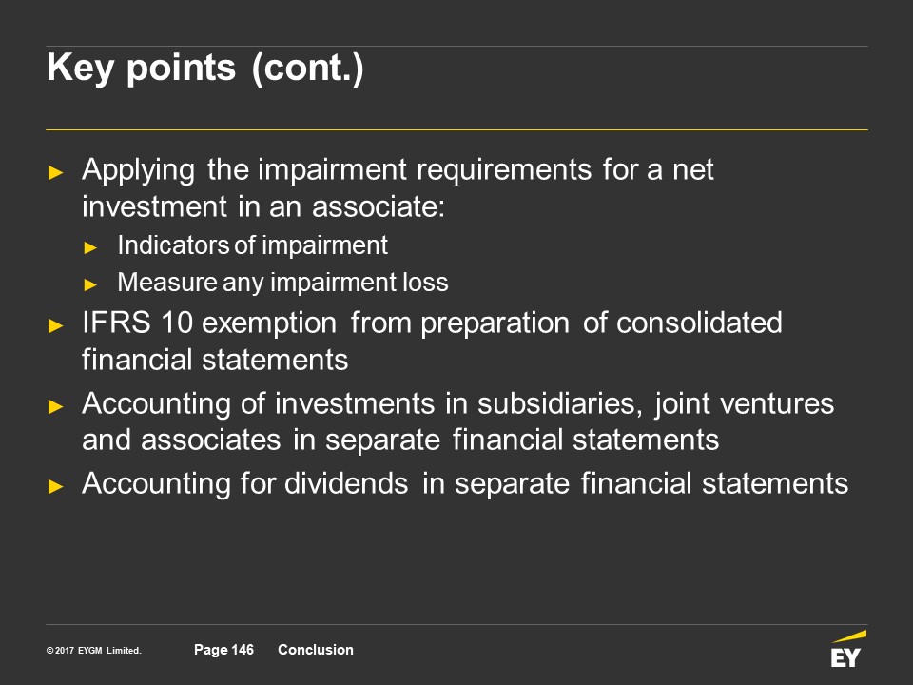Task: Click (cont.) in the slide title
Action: [x=308, y=68]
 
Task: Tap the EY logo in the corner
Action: [x=847, y=649]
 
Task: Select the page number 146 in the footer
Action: [x=243, y=650]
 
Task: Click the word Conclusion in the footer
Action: [x=316, y=650]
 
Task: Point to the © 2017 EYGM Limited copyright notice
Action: [x=94, y=650]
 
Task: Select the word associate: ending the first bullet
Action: [x=379, y=206]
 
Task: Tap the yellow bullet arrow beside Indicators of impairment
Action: [x=90, y=247]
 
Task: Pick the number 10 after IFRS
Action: [x=177, y=323]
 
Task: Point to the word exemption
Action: [x=269, y=323]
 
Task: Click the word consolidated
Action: [x=699, y=323]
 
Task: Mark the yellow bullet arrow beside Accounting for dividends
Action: [x=56, y=486]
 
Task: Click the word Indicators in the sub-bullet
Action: [x=173, y=245]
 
